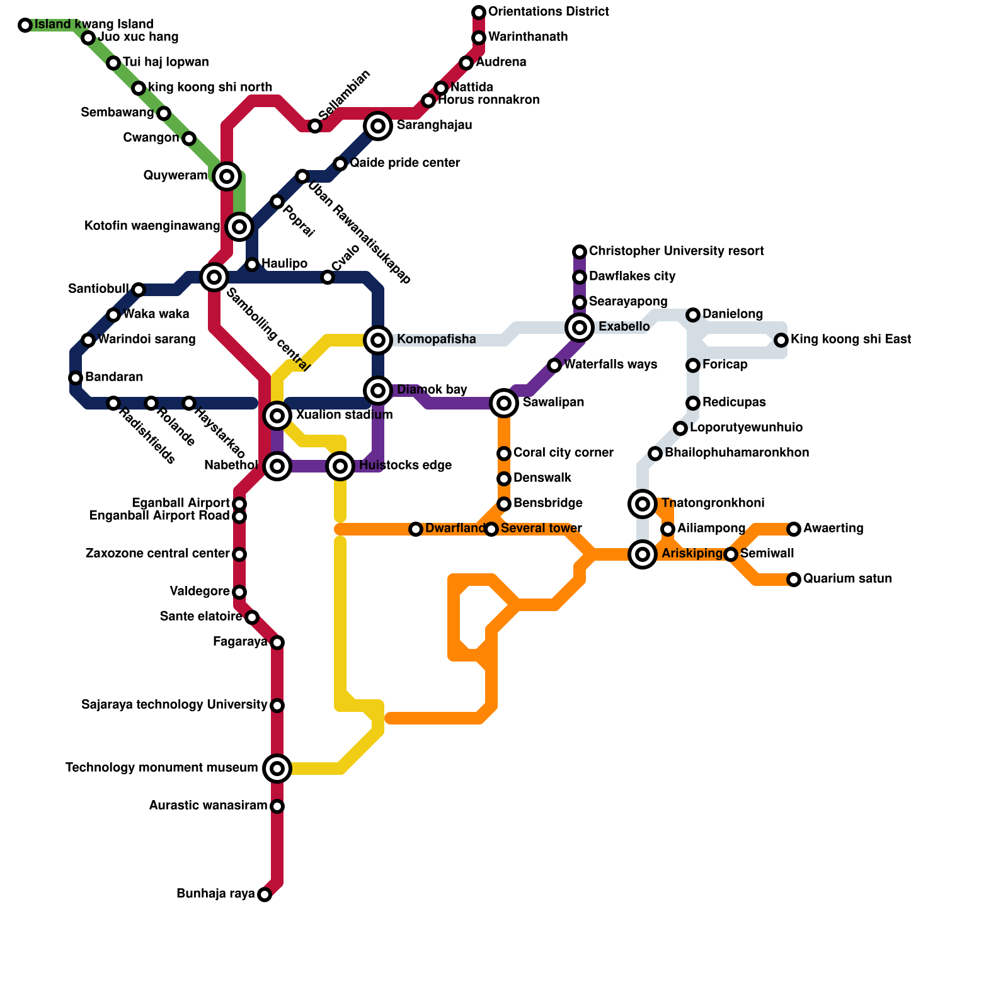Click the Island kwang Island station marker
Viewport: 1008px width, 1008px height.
[25, 25]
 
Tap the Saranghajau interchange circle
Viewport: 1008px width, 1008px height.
[378, 126]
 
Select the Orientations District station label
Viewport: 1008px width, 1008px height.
[548, 12]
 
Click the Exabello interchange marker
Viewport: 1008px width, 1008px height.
[580, 327]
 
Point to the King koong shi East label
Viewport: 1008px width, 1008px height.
[850, 340]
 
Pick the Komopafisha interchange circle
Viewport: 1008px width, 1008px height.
[378, 340]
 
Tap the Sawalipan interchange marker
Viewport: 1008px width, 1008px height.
[504, 403]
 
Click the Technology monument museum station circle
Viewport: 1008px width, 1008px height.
[277, 768]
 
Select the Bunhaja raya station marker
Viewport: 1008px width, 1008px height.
[265, 895]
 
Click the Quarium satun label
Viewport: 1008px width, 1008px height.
[847, 579]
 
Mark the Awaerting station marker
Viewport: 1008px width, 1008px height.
[794, 529]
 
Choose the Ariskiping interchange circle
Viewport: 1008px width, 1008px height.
[643, 554]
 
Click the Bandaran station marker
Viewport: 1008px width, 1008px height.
[76, 378]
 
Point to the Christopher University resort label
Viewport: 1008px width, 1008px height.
[676, 251]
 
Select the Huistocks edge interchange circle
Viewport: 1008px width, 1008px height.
[340, 466]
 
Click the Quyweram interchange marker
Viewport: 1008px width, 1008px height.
[227, 176]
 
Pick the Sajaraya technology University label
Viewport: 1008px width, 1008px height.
[175, 705]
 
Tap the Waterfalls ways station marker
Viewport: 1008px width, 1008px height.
[554, 365]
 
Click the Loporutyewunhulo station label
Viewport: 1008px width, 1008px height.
[746, 428]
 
